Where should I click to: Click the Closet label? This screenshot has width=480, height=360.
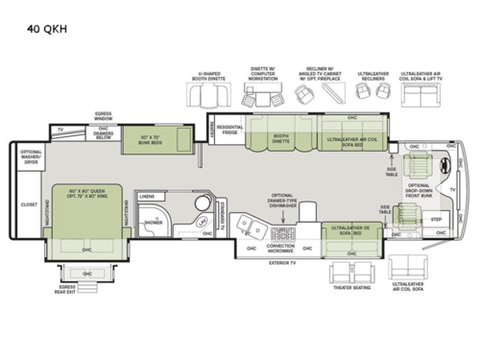[x=29, y=204]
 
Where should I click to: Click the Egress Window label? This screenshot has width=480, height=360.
[x=103, y=116]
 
